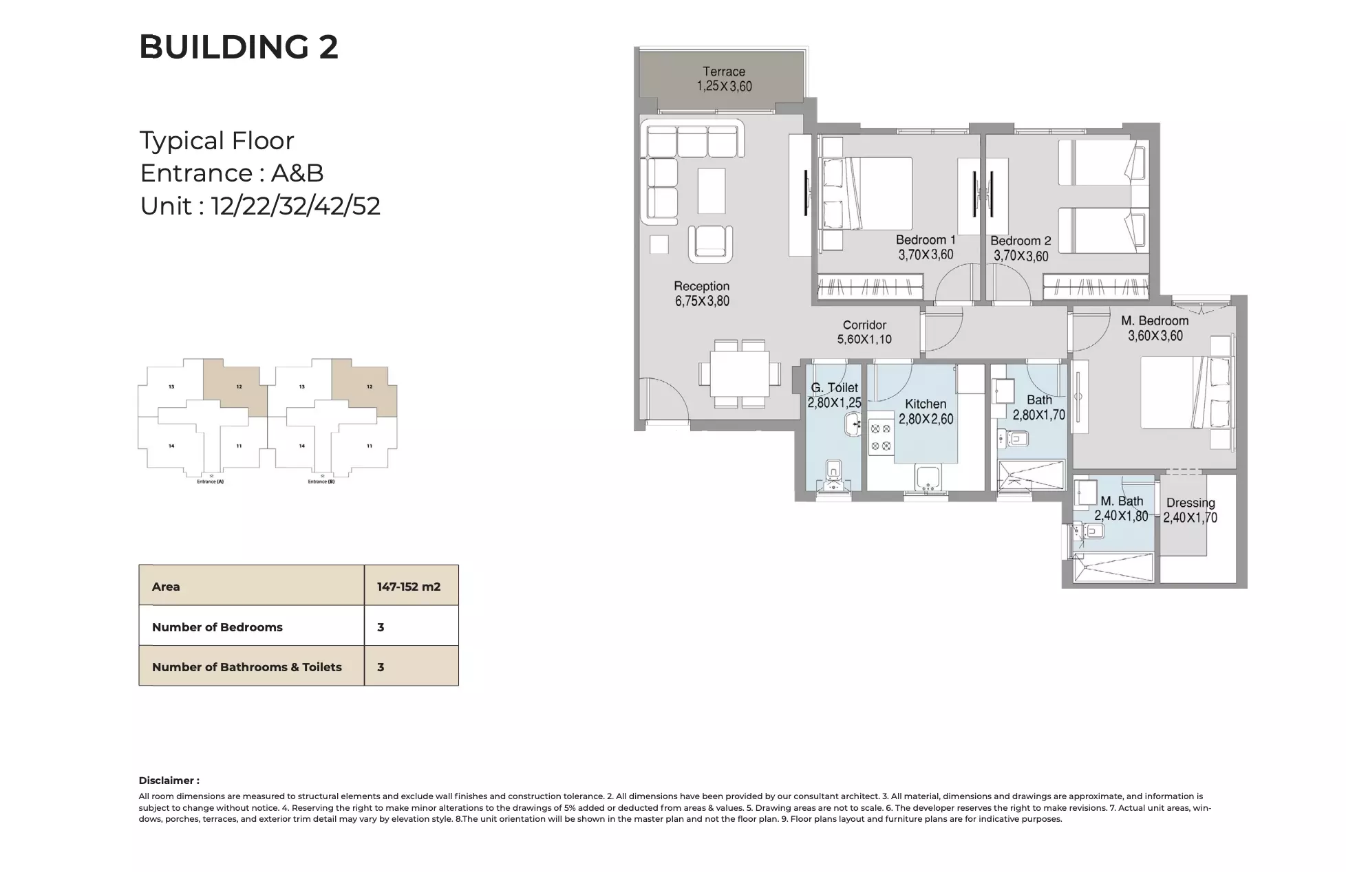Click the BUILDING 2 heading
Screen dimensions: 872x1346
pos(238,47)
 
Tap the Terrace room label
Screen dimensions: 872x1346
pos(723,72)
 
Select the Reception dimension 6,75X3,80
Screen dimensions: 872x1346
pos(702,301)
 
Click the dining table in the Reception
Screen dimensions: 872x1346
pos(740,374)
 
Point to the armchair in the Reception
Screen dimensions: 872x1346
pos(710,243)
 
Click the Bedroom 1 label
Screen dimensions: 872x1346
pos(925,240)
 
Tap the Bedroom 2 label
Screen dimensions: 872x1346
pos(1021,241)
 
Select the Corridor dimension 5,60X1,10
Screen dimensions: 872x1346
pos(864,339)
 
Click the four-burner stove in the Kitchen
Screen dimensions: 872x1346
pos(880,437)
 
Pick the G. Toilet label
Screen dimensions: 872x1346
pos(834,388)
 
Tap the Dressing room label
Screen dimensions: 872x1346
pos(1190,503)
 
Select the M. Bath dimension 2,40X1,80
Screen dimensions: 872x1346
pos(1121,516)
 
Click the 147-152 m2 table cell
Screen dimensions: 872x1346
pos(409,587)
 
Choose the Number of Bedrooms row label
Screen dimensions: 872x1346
pos(217,627)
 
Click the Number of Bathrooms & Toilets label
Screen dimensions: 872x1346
pos(246,667)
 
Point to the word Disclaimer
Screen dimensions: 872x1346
pos(169,781)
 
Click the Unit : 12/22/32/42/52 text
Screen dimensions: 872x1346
pos(260,206)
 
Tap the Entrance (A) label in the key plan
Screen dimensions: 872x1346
pos(210,482)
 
